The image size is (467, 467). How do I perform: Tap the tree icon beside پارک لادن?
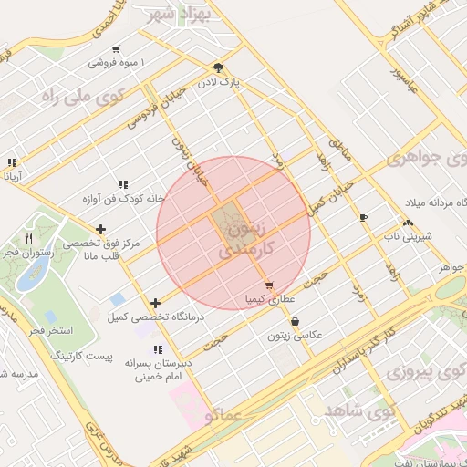[217, 67]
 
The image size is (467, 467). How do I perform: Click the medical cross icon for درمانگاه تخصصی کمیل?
[156, 303]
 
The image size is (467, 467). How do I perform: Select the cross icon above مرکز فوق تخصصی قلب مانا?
[99, 229]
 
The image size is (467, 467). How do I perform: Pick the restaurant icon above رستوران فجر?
[29, 238]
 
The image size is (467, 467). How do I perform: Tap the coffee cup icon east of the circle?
[363, 217]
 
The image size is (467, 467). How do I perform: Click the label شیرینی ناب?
[406, 237]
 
